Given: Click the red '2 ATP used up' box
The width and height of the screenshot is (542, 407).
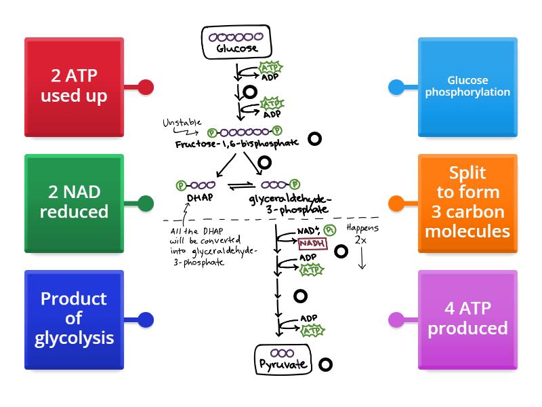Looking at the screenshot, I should pos(74,86).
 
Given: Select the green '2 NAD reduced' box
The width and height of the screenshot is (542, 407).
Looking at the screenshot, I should pos(74,203).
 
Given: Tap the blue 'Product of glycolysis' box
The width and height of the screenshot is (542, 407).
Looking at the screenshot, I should pos(74,319).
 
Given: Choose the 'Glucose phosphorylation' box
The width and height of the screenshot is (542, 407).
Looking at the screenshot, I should pos(467,86).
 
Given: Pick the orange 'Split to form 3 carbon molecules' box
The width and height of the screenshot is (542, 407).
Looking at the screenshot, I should pos(467,203).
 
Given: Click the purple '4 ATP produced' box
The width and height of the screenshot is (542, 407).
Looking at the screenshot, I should pos(467,319).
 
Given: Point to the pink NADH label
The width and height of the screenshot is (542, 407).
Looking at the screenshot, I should pos(313,243).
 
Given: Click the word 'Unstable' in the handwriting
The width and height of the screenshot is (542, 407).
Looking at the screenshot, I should pos(181,123).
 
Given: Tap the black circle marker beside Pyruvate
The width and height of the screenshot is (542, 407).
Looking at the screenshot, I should pos(325,364).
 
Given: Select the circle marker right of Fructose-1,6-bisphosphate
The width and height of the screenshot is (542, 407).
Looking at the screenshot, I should pos(314,139).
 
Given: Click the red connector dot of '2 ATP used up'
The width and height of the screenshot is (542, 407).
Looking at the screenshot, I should pos(145,87).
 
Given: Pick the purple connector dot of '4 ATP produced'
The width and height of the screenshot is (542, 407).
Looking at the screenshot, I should pos(396,319).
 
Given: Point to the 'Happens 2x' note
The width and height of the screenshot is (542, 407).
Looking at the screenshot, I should pos(362,235).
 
